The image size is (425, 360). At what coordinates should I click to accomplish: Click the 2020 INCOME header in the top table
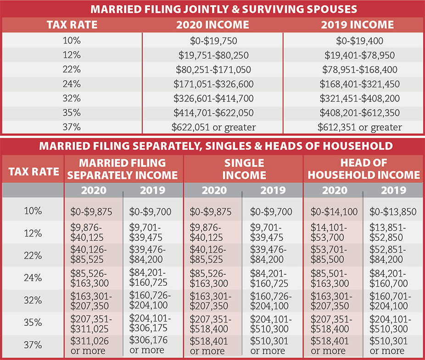click(x=212, y=25)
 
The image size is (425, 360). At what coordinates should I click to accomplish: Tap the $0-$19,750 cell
click(x=212, y=40)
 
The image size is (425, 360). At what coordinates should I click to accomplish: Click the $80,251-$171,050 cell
click(x=212, y=70)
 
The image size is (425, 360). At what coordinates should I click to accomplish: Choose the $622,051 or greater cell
click(x=212, y=127)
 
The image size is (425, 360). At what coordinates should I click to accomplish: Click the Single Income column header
click(x=244, y=169)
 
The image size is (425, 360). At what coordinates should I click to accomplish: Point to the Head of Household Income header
click(x=363, y=169)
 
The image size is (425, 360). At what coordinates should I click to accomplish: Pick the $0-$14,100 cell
click(x=334, y=212)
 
